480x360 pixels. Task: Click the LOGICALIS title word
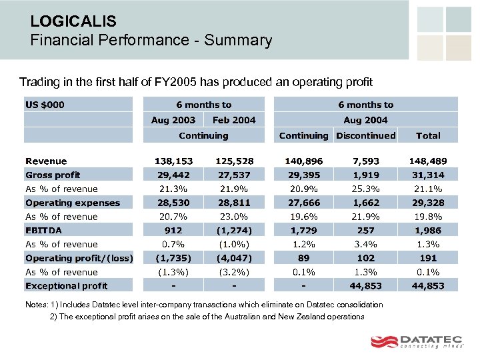point(73,21)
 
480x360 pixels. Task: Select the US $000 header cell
point(45,105)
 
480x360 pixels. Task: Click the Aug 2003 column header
point(173,120)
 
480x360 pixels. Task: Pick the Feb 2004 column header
point(234,120)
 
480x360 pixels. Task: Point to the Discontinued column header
point(366,135)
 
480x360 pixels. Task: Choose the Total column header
point(428,135)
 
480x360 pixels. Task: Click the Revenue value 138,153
point(173,161)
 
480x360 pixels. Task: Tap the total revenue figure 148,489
point(428,161)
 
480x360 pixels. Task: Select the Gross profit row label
point(53,175)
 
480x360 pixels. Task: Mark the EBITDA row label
point(43,230)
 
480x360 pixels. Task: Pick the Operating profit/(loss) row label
point(79,258)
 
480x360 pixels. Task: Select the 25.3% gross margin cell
point(366,189)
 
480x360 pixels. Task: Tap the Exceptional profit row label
point(66,285)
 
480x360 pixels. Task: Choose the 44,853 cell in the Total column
point(428,285)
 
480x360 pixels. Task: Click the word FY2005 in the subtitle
point(181,82)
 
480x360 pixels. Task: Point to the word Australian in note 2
point(234,317)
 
